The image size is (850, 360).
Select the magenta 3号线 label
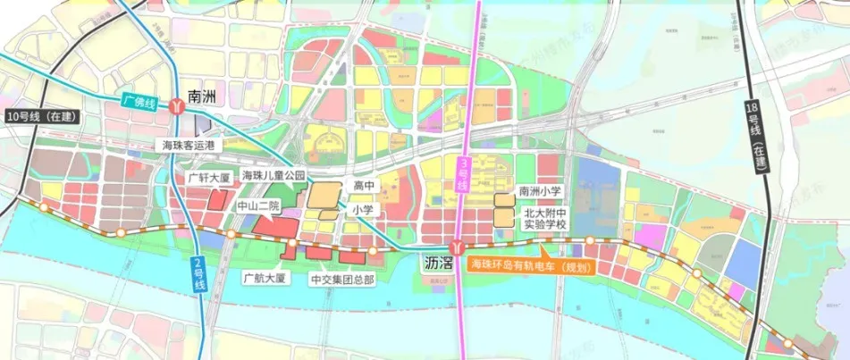463,172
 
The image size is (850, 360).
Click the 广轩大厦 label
209,178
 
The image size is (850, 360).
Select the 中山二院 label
257,206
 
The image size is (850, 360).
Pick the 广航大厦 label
264,278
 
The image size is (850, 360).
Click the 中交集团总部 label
342,280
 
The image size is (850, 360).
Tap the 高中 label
362,186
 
